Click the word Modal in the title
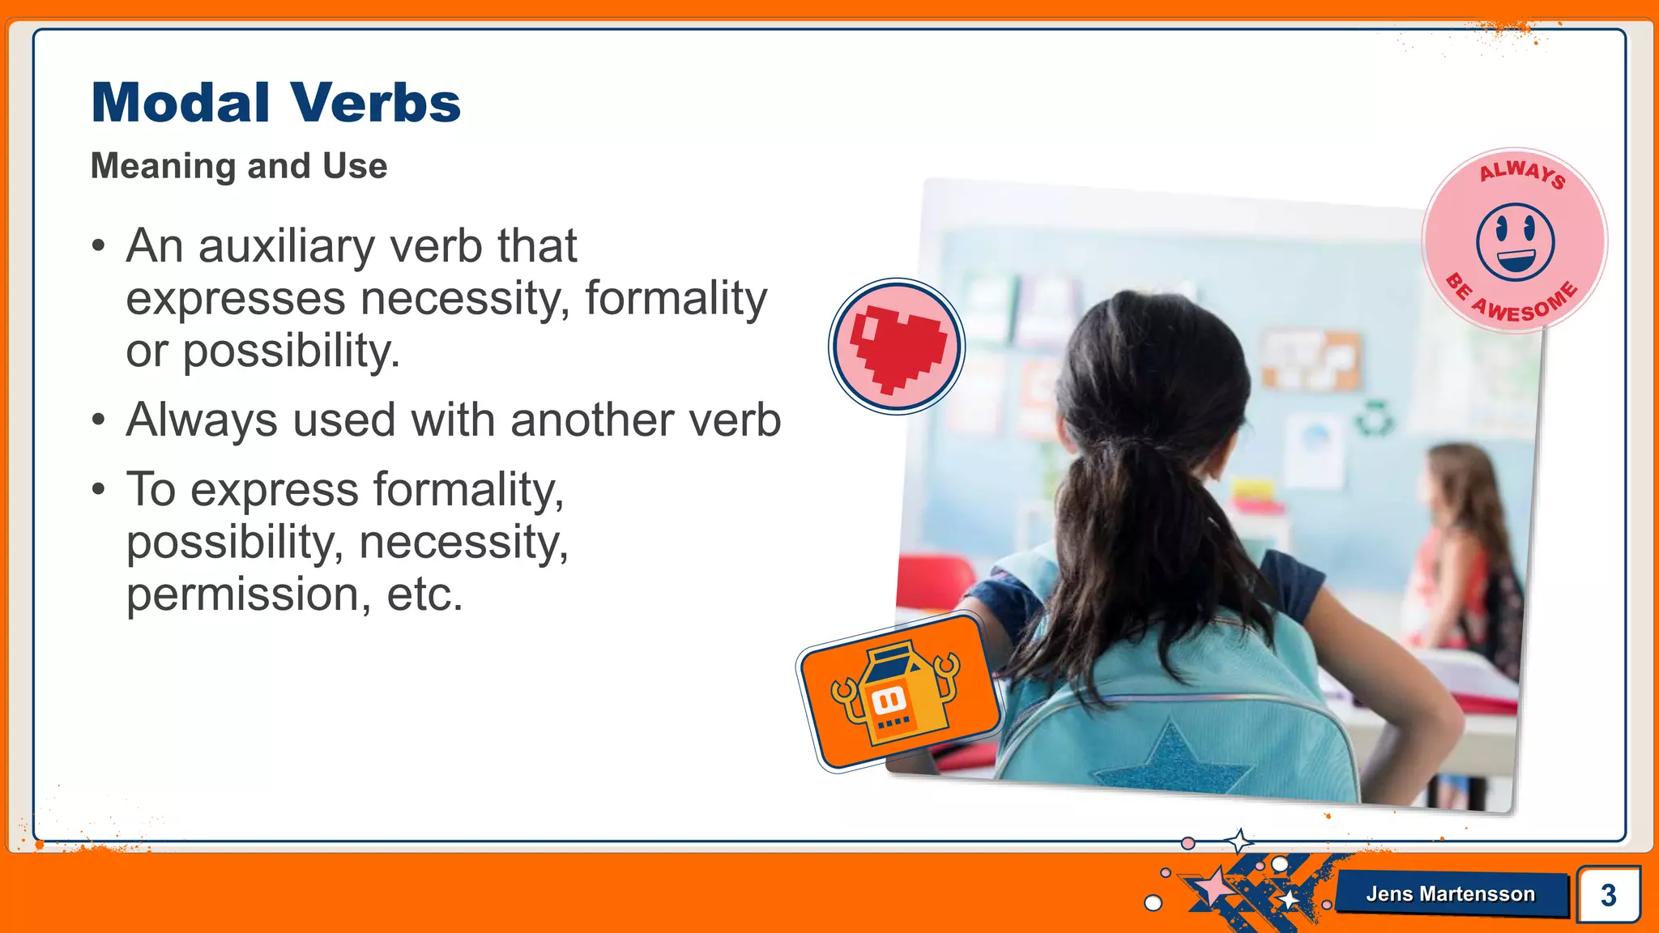pyautogui.click(x=180, y=104)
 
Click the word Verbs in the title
pyautogui.click(x=376, y=104)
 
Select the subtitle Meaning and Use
pyautogui.click(x=239, y=166)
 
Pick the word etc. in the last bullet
pyautogui.click(x=424, y=594)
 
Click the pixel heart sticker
pyautogui.click(x=897, y=347)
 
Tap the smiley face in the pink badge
pyautogui.click(x=1515, y=242)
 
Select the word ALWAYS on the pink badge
pyautogui.click(x=1522, y=173)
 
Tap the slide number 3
pyautogui.click(x=1608, y=895)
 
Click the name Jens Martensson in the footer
pyautogui.click(x=1450, y=894)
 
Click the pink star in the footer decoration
pyautogui.click(x=1213, y=887)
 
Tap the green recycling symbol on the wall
pyautogui.click(x=1375, y=418)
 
